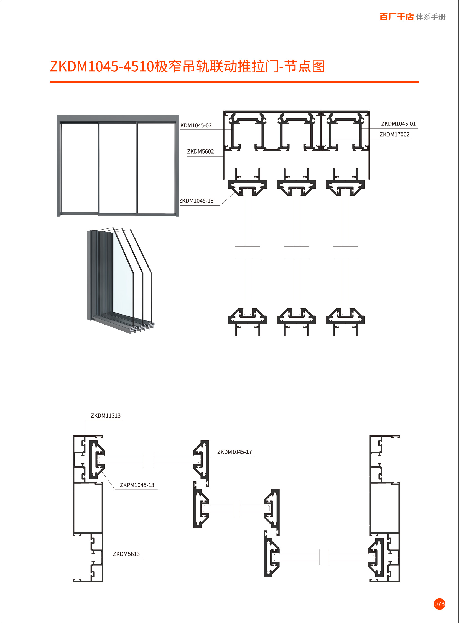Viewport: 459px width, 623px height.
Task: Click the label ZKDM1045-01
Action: pyautogui.click(x=398, y=124)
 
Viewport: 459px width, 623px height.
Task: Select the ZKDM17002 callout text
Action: pyautogui.click(x=394, y=135)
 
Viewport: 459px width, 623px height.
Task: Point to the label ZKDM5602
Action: pyautogui.click(x=200, y=152)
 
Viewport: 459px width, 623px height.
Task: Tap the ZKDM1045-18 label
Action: pyautogui.click(x=197, y=201)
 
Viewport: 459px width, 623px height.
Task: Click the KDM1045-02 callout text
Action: pyautogui.click(x=196, y=126)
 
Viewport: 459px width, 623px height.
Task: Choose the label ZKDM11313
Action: pyautogui.click(x=106, y=416)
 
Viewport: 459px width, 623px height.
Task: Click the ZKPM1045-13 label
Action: pyautogui.click(x=137, y=485)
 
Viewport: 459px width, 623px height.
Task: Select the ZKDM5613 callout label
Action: pyautogui.click(x=126, y=554)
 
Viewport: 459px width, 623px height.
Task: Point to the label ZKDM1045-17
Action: pyautogui.click(x=234, y=452)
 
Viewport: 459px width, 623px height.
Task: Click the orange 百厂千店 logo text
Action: pyautogui.click(x=396, y=17)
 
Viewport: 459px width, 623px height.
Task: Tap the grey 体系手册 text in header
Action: pyautogui.click(x=431, y=17)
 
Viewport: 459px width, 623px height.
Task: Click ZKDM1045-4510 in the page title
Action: pyautogui.click(x=102, y=67)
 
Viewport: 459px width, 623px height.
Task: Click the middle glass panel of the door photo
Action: pyautogui.click(x=118, y=168)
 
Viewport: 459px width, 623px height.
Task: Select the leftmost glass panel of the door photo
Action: pyautogui.click(x=79, y=168)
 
